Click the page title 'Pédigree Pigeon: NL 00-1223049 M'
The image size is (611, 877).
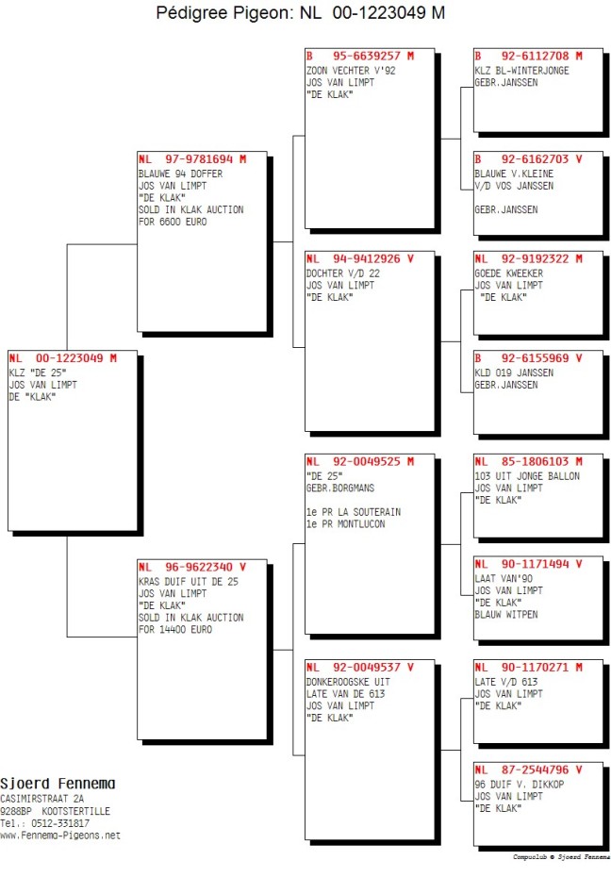pyautogui.click(x=300, y=12)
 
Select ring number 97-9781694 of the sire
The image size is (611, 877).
pyautogui.click(x=198, y=159)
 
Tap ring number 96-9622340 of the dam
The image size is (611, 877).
pyautogui.click(x=198, y=567)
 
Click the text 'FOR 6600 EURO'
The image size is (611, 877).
pyautogui.click(x=173, y=222)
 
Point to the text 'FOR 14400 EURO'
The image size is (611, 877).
pyautogui.click(x=175, y=630)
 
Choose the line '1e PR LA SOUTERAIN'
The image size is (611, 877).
pyautogui.click(x=354, y=512)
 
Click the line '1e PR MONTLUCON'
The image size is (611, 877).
pyautogui.click(x=345, y=524)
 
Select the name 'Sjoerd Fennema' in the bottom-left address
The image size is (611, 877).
pyautogui.click(x=58, y=784)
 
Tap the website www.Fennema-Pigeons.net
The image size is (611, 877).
pyautogui.click(x=60, y=836)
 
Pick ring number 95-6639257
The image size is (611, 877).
pyautogui.click(x=367, y=56)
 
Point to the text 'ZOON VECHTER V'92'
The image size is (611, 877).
pyautogui.click(x=351, y=71)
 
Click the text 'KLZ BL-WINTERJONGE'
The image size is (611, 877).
pyautogui.click(x=521, y=71)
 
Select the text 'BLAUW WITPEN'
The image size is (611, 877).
pyautogui.click(x=506, y=615)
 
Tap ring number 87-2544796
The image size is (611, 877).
pyautogui.click(x=535, y=770)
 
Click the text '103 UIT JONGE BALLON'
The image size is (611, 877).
pyautogui.click(x=527, y=476)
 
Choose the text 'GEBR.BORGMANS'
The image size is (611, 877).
pyautogui.click(x=339, y=488)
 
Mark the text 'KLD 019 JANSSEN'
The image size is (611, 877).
pyautogui.click(x=514, y=373)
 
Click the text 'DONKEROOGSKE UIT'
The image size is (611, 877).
pyautogui.click(x=348, y=683)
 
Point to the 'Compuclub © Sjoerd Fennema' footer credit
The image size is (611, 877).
pyautogui.click(x=561, y=857)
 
